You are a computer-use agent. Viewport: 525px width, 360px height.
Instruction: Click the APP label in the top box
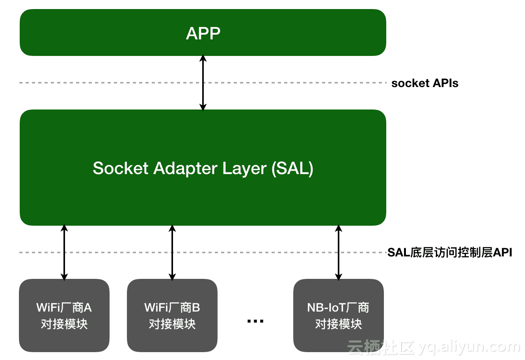[203, 33]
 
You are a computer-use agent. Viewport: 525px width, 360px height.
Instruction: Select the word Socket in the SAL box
[121, 168]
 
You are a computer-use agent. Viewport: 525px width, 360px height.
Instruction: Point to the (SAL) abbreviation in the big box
[292, 168]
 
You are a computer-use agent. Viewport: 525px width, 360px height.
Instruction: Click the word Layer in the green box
[244, 169]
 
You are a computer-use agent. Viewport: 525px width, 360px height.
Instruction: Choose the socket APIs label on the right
[424, 83]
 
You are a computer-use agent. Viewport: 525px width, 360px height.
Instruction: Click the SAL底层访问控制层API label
[449, 252]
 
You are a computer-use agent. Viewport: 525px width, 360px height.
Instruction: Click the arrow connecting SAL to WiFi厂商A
[65, 252]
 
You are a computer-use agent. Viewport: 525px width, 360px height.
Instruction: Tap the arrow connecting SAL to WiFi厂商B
[172, 252]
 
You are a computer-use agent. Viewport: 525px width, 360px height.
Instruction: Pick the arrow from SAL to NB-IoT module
[339, 252]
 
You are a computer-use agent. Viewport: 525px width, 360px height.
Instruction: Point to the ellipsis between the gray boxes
[255, 321]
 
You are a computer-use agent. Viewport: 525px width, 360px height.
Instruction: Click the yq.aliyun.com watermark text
[469, 347]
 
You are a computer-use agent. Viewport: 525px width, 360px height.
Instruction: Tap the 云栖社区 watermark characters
[381, 347]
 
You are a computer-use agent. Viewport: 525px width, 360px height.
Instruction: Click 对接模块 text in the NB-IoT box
[339, 324]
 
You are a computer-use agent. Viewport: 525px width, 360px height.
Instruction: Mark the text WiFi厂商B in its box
[172, 307]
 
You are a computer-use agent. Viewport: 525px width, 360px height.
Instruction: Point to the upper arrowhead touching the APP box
[203, 58]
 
